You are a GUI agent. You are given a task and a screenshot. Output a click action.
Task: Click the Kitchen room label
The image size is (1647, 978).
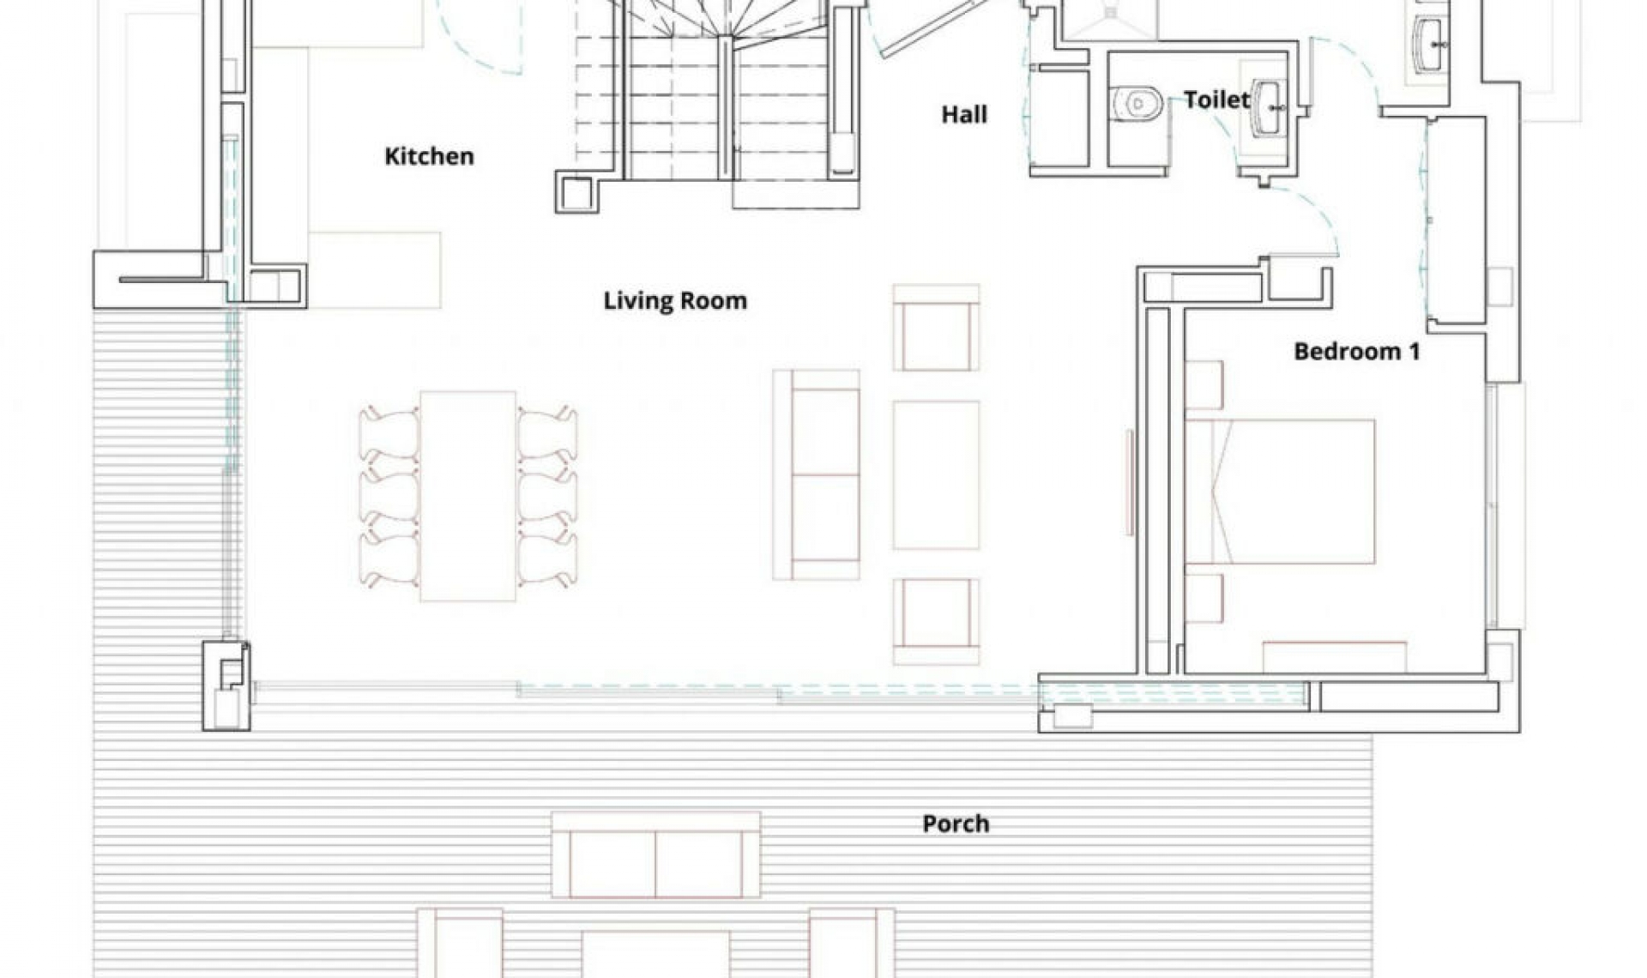(x=429, y=156)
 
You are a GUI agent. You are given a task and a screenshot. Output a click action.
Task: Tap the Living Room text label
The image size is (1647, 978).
(x=675, y=300)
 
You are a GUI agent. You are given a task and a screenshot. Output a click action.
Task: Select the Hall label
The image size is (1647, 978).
(x=964, y=114)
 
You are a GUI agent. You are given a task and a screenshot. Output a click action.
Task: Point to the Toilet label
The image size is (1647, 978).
(x=1216, y=100)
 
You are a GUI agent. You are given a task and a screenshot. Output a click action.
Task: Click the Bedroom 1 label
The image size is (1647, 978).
(x=1357, y=351)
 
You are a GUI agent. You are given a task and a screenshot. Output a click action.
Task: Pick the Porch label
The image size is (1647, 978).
(x=956, y=824)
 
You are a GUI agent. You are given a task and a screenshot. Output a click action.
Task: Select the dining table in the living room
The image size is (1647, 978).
(x=468, y=496)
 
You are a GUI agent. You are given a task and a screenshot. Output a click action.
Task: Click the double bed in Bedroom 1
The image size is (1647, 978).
(x=1280, y=492)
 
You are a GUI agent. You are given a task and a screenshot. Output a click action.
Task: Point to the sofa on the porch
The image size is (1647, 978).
(x=655, y=854)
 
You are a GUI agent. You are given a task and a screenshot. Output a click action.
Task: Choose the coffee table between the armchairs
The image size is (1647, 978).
(x=936, y=474)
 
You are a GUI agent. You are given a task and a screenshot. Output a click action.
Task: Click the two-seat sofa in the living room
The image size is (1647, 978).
(x=817, y=474)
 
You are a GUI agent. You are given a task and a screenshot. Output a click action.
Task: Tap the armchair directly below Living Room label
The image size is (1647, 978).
(x=936, y=328)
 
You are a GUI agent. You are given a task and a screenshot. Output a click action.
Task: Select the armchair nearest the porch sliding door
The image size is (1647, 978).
(x=936, y=621)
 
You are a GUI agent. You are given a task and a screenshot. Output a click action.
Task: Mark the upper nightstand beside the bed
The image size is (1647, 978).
(x=1204, y=385)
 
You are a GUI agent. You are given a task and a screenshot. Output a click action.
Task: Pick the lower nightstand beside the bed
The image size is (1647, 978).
(x=1204, y=598)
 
